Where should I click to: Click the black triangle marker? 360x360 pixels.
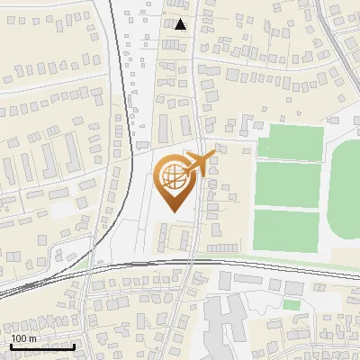[x=182, y=24]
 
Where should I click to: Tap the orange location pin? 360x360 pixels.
[x=176, y=184]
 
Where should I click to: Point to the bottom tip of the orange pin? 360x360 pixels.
[x=176, y=212]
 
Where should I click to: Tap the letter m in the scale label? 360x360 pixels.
[x=33, y=338]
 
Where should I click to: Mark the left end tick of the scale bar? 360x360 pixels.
[x=11, y=345]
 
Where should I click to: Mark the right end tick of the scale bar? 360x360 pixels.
[x=74, y=345]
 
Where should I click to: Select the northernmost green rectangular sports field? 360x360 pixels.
[x=290, y=143]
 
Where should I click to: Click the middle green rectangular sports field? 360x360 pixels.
[x=287, y=184]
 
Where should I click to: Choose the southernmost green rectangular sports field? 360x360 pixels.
[x=287, y=229]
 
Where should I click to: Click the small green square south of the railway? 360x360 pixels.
[x=291, y=305]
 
